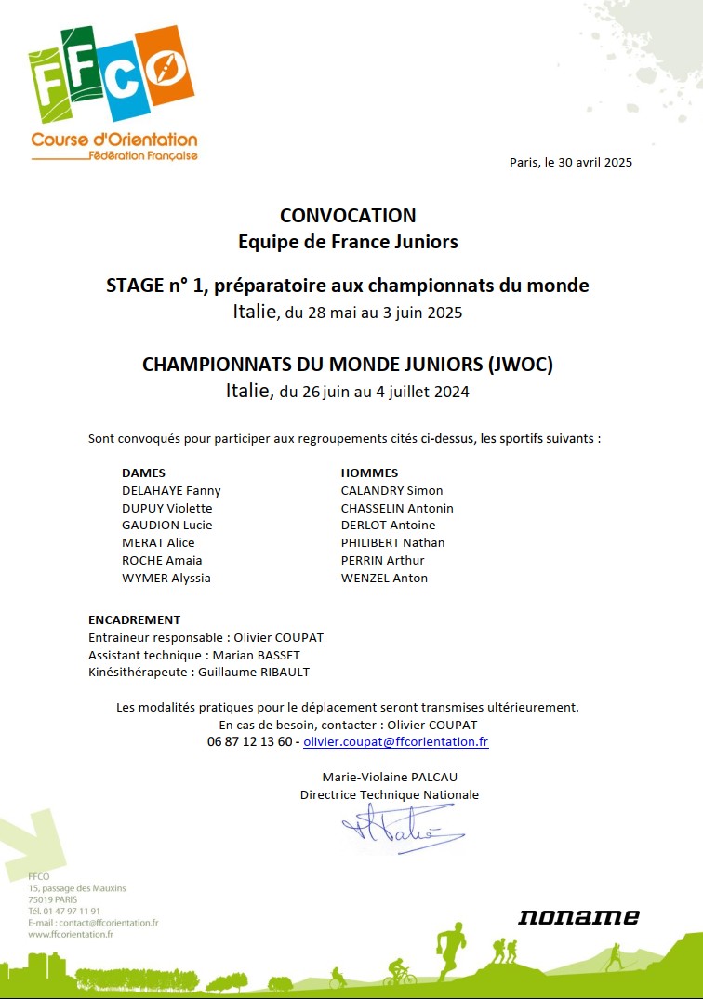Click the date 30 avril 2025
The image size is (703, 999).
[x=594, y=162]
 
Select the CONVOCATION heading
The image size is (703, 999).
[x=348, y=216]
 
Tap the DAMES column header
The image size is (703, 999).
[x=143, y=473]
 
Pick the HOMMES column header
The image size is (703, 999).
[x=369, y=473]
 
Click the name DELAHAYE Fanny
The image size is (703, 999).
[x=171, y=490]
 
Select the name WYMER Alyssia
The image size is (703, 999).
[x=166, y=578]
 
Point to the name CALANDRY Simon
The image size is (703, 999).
[x=391, y=490]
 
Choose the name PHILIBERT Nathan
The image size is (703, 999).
[x=392, y=542]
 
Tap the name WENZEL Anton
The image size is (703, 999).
[x=384, y=578]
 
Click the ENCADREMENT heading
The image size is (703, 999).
[x=134, y=619]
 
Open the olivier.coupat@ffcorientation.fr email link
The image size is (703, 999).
[x=395, y=741]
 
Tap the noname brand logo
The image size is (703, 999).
[x=578, y=917]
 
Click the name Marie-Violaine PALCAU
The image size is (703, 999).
[x=390, y=777]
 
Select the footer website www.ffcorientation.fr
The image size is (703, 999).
[x=71, y=934]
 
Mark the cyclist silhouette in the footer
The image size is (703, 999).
[x=399, y=975]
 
